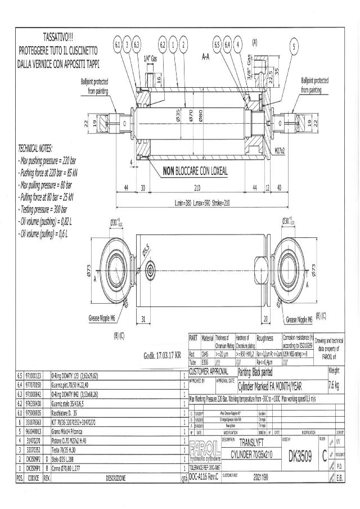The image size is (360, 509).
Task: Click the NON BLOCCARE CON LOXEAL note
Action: click(195, 171)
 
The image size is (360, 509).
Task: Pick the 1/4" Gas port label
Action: click(150, 58)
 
